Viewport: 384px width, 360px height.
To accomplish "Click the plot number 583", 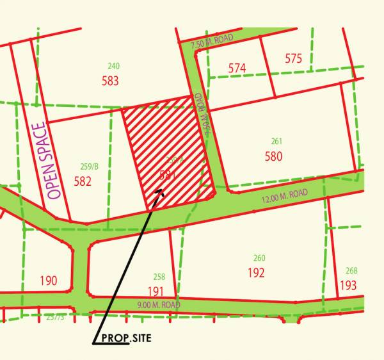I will coord(110,81).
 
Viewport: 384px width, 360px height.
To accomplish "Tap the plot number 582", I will coord(83,181).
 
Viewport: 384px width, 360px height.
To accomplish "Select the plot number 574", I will coord(237,68).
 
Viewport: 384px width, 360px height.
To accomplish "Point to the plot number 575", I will coord(293,59).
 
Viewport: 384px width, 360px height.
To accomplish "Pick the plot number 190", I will coord(48,281).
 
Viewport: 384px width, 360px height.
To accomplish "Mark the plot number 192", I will coord(256,272).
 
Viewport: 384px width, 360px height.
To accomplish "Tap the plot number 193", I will coord(348,285).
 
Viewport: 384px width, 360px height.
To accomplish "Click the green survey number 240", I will coord(113,66).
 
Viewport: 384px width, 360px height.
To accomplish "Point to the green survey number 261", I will coord(276,142).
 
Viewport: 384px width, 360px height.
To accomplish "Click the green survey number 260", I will coord(259,258).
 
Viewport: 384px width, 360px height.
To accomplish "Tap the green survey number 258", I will coord(159,277).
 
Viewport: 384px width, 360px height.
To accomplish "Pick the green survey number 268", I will coord(351,270).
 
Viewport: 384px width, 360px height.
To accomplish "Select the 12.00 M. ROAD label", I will coord(284,196).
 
